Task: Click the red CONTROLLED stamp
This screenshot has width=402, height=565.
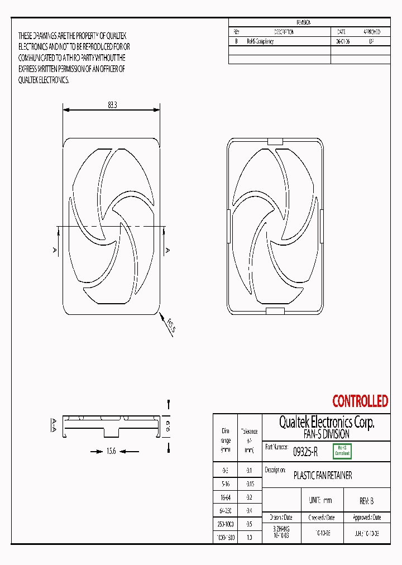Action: (x=360, y=401)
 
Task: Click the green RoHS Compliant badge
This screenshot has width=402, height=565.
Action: (x=342, y=451)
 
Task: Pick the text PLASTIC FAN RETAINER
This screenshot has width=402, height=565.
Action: (x=323, y=476)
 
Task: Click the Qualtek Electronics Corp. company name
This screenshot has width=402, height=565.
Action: (x=327, y=422)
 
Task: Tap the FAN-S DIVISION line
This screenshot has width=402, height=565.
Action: (x=327, y=434)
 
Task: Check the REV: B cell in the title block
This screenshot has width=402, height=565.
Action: (x=366, y=501)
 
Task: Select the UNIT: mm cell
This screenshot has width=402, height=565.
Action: (x=320, y=501)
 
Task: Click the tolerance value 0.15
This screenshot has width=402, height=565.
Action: (x=250, y=483)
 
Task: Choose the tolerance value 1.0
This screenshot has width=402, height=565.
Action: (x=250, y=537)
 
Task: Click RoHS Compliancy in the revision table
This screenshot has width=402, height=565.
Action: (x=260, y=42)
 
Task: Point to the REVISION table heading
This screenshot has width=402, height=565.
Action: (x=303, y=22)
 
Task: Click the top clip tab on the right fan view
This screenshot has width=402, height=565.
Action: (x=275, y=142)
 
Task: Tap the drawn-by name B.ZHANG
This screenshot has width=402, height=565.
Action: (x=281, y=528)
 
